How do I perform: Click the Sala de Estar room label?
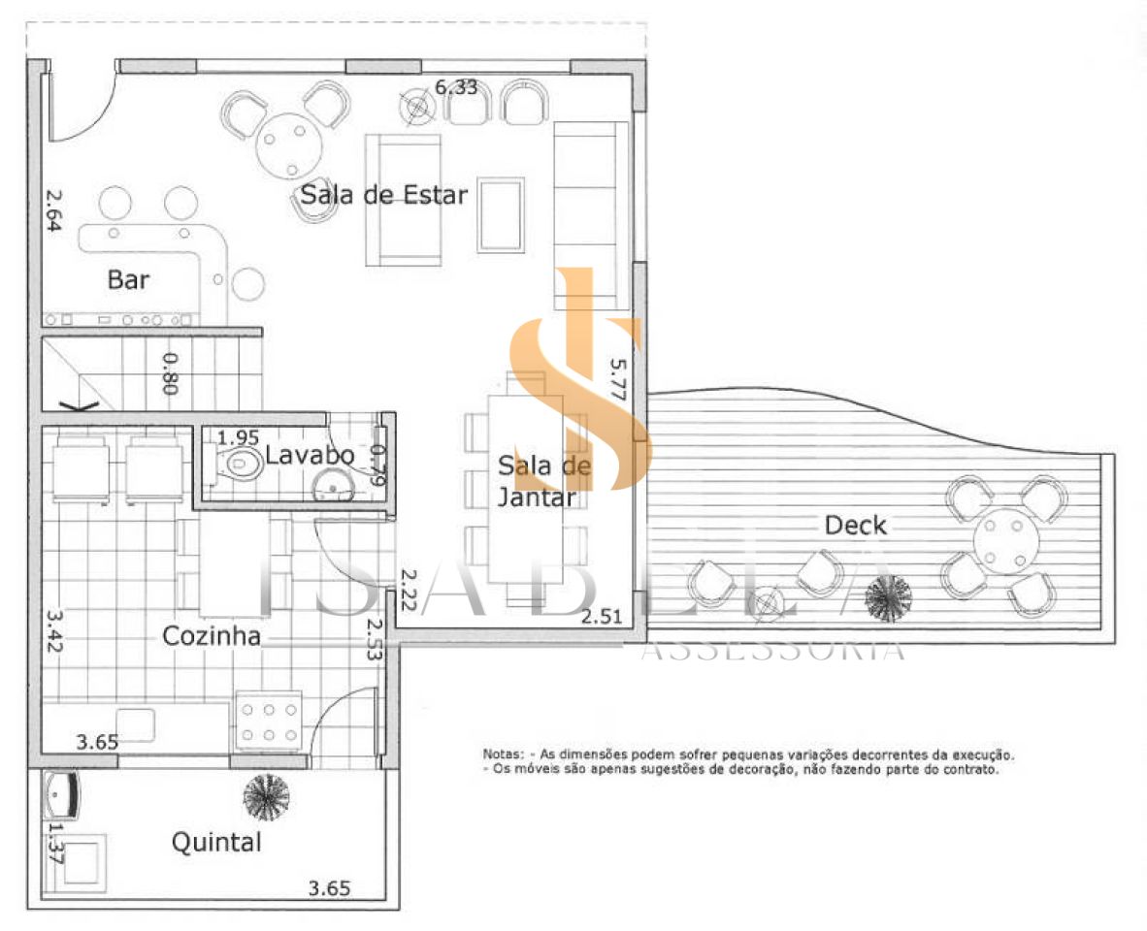point(384,194)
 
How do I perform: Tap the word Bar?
point(128,279)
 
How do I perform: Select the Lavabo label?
point(310,455)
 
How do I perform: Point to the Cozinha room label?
point(212,636)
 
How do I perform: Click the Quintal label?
point(216,842)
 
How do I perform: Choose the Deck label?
point(855,525)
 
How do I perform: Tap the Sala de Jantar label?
point(542,481)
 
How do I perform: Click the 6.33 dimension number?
point(456,87)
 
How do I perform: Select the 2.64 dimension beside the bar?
point(53,211)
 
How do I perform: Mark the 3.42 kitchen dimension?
point(53,631)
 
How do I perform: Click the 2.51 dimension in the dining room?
point(602,617)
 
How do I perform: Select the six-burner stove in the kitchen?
point(269,722)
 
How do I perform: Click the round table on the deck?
point(1006,541)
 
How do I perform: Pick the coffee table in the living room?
point(501,215)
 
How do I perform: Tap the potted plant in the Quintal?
point(266,797)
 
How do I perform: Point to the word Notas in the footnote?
point(503,754)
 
